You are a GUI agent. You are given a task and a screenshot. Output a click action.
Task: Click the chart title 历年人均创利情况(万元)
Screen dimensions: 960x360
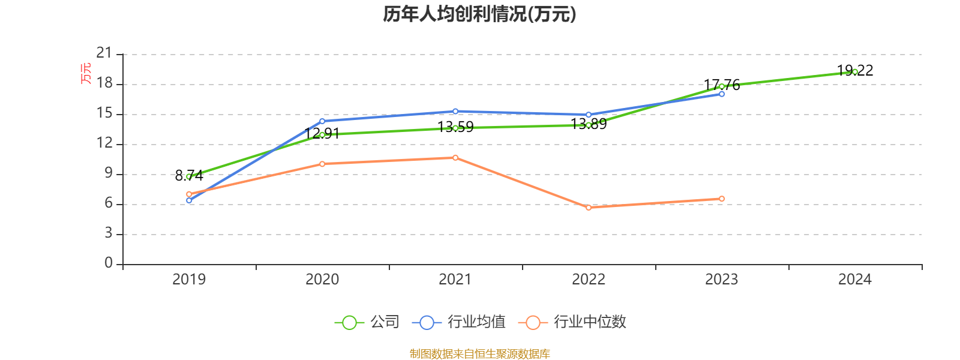click(x=479, y=14)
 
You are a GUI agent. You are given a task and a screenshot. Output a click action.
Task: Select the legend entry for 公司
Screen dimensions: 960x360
click(x=367, y=322)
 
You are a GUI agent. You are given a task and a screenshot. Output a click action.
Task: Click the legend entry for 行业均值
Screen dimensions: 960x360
click(x=458, y=322)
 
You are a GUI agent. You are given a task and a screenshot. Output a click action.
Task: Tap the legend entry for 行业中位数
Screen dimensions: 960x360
click(x=572, y=322)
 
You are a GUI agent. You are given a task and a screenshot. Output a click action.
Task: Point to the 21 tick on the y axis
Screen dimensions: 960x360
click(x=104, y=53)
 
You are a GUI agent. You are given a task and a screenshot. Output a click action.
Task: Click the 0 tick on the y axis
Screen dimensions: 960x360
click(x=109, y=263)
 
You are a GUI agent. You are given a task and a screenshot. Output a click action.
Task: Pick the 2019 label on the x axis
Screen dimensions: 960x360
click(x=189, y=280)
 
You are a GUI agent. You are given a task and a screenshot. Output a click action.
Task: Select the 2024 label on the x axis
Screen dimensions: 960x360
click(x=855, y=280)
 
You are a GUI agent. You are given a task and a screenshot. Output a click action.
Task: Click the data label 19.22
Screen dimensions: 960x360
click(x=855, y=70)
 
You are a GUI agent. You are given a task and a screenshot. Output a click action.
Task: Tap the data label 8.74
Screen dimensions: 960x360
click(x=189, y=175)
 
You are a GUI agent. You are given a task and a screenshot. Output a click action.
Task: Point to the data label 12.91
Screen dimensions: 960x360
click(x=322, y=134)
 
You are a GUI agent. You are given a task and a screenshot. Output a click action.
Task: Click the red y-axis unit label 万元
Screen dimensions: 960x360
click(x=86, y=73)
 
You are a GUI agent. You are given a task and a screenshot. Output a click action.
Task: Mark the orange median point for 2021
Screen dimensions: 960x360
click(x=455, y=158)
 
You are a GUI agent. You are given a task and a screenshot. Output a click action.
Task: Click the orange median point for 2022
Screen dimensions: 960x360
click(x=589, y=208)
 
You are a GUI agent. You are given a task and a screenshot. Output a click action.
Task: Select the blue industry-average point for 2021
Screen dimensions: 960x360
click(x=455, y=112)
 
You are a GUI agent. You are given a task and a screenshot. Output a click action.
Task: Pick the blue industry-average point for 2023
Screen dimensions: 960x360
click(x=722, y=94)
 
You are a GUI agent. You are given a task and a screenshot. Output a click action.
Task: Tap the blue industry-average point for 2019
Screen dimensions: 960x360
click(x=189, y=200)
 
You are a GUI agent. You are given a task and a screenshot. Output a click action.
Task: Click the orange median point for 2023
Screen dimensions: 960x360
click(x=722, y=199)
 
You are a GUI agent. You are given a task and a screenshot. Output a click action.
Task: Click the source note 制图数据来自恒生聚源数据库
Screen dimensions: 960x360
click(x=479, y=353)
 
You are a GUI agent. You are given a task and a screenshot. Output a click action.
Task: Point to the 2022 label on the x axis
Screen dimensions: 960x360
click(x=589, y=280)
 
